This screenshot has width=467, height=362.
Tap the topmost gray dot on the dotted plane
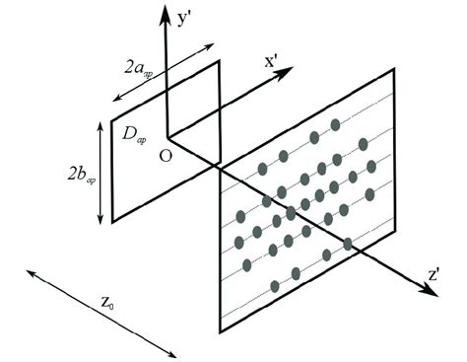[335, 124]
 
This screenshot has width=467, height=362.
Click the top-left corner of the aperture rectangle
[114, 104]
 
